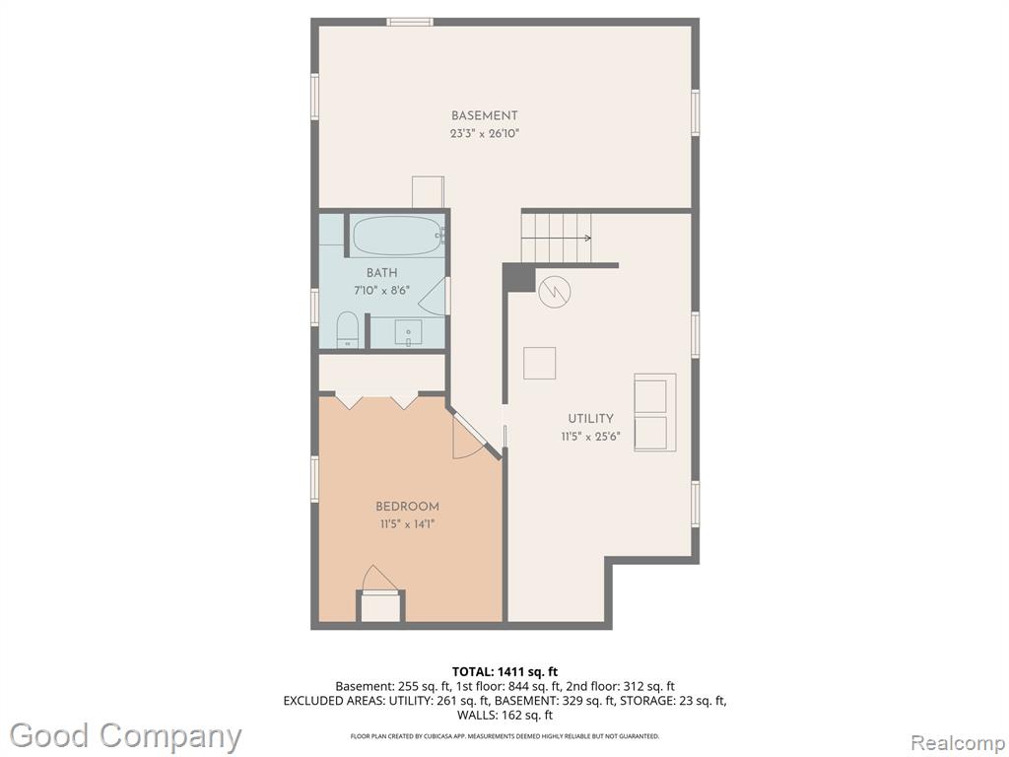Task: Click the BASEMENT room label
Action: click(x=484, y=116)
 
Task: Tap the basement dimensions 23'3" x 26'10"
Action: click(x=484, y=134)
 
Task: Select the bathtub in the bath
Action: click(x=397, y=235)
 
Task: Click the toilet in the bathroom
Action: click(x=348, y=329)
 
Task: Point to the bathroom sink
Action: click(x=408, y=333)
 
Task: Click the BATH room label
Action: click(x=381, y=273)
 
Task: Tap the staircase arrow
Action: click(x=556, y=239)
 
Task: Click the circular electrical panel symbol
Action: click(x=555, y=292)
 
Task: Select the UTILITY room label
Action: click(x=590, y=418)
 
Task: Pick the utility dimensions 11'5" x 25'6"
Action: click(x=590, y=437)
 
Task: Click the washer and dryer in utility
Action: click(x=655, y=412)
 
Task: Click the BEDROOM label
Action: click(x=407, y=507)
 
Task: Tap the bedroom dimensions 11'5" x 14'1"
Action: click(x=407, y=524)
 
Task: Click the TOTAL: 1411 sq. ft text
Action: click(x=504, y=672)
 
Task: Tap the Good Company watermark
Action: click(x=125, y=735)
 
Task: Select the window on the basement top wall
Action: click(x=410, y=23)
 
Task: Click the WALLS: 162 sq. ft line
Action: click(x=504, y=716)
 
